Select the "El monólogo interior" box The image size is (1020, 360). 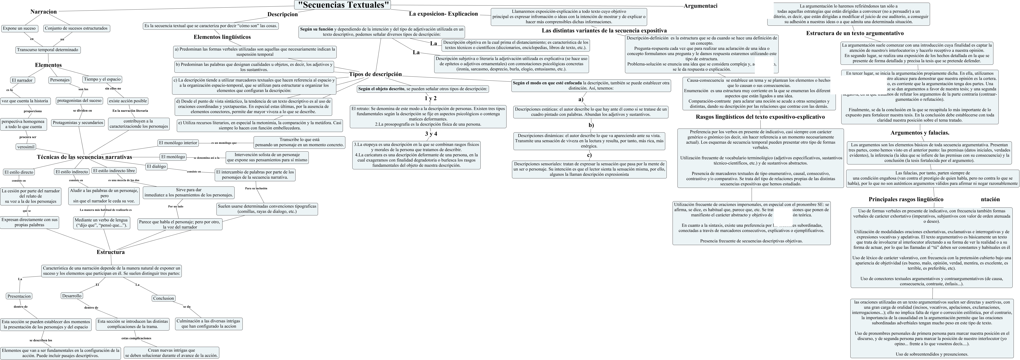click(178, 143)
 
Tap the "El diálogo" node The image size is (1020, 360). click(156, 166)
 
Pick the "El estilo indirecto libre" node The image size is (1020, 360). click(114, 171)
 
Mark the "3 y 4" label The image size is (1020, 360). click(431, 134)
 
